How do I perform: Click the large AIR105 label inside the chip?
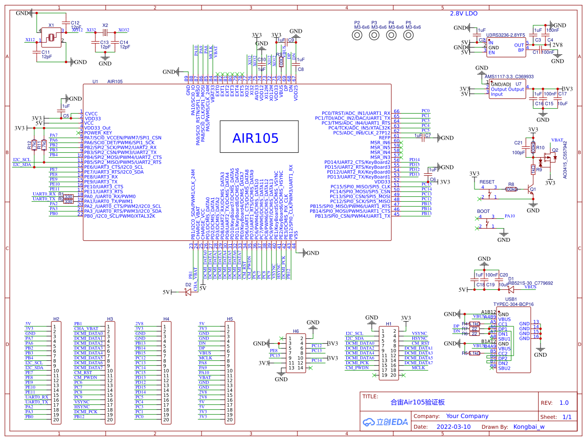[255, 138]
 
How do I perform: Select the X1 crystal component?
[51, 37]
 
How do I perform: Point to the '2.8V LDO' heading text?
[464, 14]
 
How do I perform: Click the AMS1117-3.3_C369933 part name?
[509, 77]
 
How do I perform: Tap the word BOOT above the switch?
[483, 211]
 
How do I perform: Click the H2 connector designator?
[56, 319]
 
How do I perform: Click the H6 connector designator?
[295, 331]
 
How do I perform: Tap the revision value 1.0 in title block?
[564, 403]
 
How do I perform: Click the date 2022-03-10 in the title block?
[453, 426]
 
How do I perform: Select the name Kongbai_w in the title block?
[529, 426]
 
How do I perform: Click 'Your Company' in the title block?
[467, 416]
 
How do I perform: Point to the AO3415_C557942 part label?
[565, 159]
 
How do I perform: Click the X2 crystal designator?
[105, 25]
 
